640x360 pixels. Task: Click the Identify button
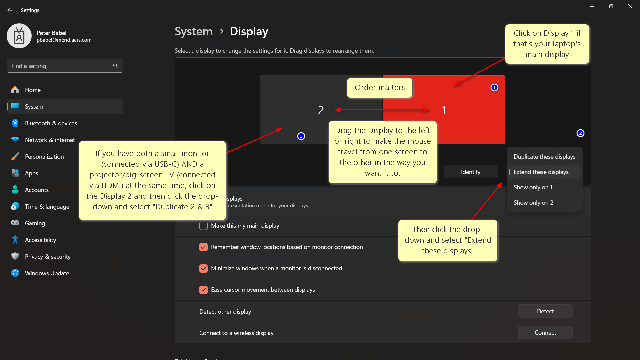click(x=470, y=172)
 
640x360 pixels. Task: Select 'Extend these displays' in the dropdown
click(x=541, y=172)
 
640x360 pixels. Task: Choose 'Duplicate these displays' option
click(x=544, y=157)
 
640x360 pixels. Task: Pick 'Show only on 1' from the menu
click(x=533, y=187)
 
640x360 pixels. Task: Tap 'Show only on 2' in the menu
click(x=533, y=203)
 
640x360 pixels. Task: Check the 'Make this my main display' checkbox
click(x=203, y=226)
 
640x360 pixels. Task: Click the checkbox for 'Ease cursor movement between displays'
click(x=203, y=290)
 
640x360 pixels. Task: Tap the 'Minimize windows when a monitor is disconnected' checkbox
click(x=203, y=269)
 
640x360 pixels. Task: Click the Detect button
click(x=545, y=311)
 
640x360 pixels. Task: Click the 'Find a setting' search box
click(x=62, y=66)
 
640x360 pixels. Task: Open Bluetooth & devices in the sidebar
click(x=51, y=123)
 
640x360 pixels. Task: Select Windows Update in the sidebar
click(x=47, y=273)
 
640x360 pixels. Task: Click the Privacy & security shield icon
click(x=15, y=256)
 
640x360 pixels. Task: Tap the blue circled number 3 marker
click(x=301, y=136)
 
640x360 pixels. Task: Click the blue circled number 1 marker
click(x=494, y=87)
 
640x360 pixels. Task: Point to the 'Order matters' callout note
click(x=379, y=88)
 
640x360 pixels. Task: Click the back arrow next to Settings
click(x=10, y=10)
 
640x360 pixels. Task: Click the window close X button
click(x=630, y=6)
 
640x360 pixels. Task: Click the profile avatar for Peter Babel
click(x=19, y=36)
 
